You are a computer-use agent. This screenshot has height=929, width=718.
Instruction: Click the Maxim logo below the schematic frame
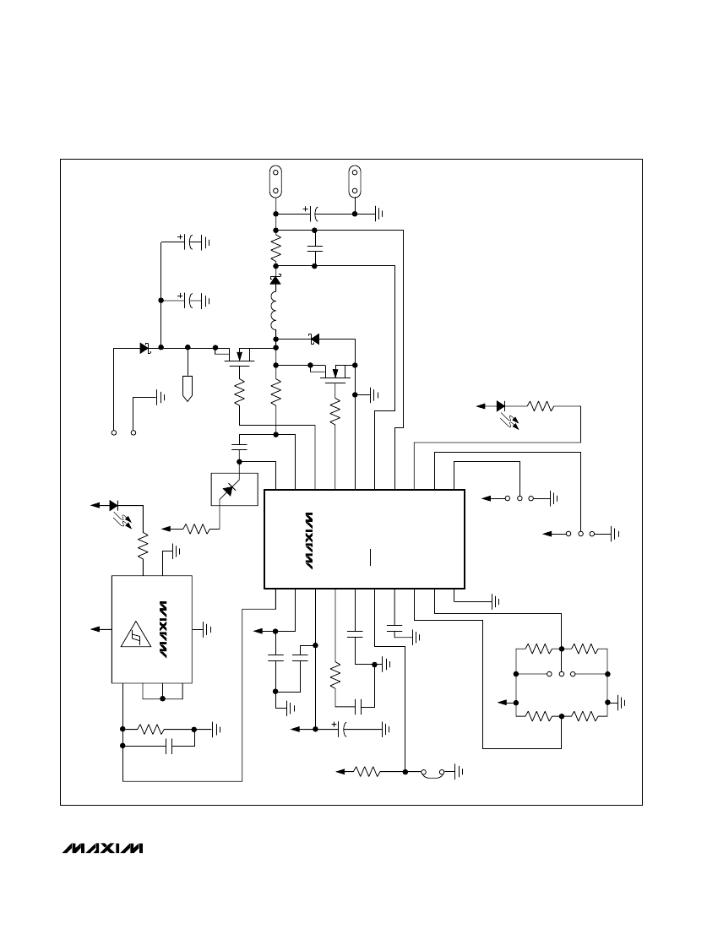pyautogui.click(x=103, y=848)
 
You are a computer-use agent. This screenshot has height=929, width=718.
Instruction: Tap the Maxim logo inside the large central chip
pyautogui.click(x=309, y=541)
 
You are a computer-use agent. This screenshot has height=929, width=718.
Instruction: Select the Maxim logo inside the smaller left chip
pyautogui.click(x=161, y=629)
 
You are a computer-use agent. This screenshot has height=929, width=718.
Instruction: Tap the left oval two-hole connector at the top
pyautogui.click(x=275, y=181)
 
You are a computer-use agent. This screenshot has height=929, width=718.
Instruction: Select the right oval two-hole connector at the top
pyautogui.click(x=355, y=181)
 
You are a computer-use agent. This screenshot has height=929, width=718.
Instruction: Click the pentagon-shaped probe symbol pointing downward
pyautogui.click(x=188, y=388)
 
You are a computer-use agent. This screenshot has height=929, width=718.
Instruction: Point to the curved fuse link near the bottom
pyautogui.click(x=432, y=771)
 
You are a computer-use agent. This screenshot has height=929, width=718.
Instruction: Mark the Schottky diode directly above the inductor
pyautogui.click(x=275, y=280)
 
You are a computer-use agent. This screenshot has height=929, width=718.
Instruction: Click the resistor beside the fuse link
pyautogui.click(x=367, y=771)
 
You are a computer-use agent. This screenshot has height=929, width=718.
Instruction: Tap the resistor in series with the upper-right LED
pyautogui.click(x=541, y=406)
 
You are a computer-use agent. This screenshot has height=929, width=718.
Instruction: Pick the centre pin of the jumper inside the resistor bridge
pyautogui.click(x=561, y=674)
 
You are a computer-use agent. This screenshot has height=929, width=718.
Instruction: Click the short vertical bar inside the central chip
pyautogui.click(x=370, y=557)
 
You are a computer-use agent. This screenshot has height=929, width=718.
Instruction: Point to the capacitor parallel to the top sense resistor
pyautogui.click(x=314, y=247)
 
